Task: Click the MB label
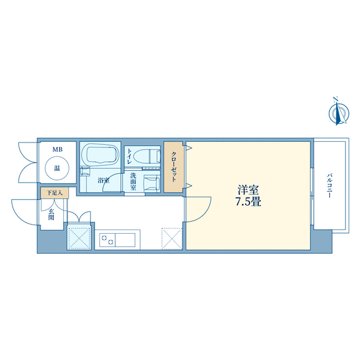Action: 57,150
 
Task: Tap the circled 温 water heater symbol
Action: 57,168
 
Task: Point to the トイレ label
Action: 129,156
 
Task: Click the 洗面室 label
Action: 133,182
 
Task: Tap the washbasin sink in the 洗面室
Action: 151,182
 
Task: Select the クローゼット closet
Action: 174,167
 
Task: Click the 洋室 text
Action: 248,191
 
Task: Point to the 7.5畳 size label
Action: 248,202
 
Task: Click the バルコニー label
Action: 329,186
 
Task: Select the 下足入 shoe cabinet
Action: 54,193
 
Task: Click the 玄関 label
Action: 51,214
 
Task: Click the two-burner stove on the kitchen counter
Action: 107,240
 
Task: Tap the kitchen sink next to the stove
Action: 125,240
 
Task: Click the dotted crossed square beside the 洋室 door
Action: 172,239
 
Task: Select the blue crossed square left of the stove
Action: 79,237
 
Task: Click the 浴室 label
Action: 103,181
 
